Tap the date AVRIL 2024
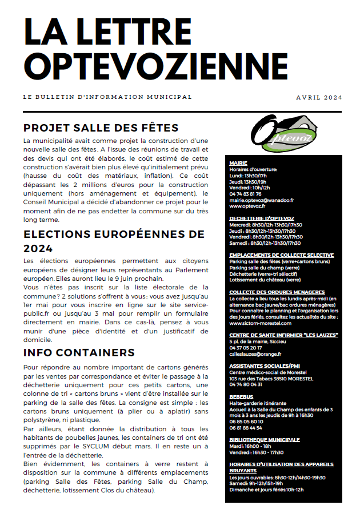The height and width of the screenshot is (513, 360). pyautogui.click(x=319, y=98)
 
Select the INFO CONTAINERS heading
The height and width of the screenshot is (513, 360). pyautogui.click(x=79, y=352)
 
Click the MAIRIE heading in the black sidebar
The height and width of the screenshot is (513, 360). pyautogui.click(x=238, y=163)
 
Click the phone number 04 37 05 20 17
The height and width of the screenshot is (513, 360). pyautogui.click(x=246, y=348)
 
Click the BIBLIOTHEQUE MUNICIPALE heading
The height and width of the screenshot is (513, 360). pyautogui.click(x=264, y=439)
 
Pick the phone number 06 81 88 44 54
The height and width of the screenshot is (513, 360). pyautogui.click(x=246, y=428)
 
